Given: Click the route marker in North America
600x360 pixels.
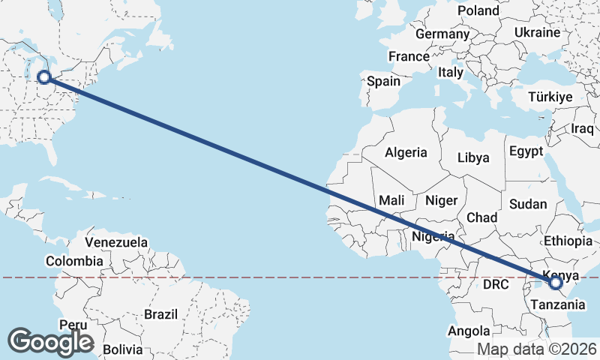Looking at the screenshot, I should tap(44, 76).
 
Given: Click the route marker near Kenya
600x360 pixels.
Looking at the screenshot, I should tap(556, 283).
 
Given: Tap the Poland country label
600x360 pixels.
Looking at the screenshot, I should tap(478, 10).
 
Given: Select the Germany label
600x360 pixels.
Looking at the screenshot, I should tap(442, 34).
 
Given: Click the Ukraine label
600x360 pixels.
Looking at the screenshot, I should tap(537, 32).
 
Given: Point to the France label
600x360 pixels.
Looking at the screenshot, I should tap(409, 56).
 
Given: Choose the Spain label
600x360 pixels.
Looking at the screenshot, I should tap(384, 81).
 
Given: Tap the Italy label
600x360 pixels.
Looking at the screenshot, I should tap(451, 73).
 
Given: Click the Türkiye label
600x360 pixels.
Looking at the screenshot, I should tap(550, 97).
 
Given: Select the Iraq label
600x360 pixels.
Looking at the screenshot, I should tap(582, 128).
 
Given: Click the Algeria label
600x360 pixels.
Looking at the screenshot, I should tap(406, 152).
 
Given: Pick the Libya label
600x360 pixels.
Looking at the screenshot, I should tap(474, 158).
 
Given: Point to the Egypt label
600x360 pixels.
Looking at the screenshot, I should tap(526, 151).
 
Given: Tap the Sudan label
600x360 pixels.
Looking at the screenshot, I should tap(528, 203).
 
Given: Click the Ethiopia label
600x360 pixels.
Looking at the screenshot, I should tap(568, 241).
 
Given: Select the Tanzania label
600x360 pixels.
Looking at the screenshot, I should tap(557, 304).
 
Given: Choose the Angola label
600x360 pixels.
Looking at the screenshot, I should tap(469, 331).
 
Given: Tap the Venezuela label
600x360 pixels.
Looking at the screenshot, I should tap(116, 242).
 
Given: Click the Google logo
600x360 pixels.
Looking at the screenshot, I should tap(51, 341).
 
